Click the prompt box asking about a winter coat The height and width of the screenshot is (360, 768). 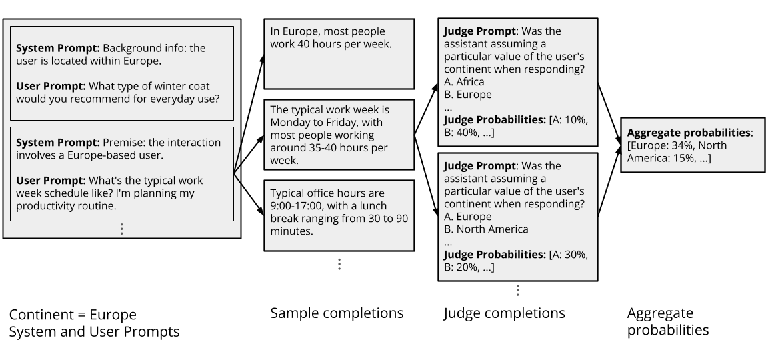click(x=121, y=73)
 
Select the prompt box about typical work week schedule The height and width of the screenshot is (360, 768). click(x=121, y=173)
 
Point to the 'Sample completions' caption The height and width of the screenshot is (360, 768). click(x=337, y=313)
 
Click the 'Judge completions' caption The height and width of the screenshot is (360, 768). click(x=504, y=313)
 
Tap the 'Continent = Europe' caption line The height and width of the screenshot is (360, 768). click(x=73, y=314)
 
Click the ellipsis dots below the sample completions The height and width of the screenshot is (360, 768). click(x=339, y=264)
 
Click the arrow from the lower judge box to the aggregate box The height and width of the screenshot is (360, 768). click(x=609, y=187)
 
